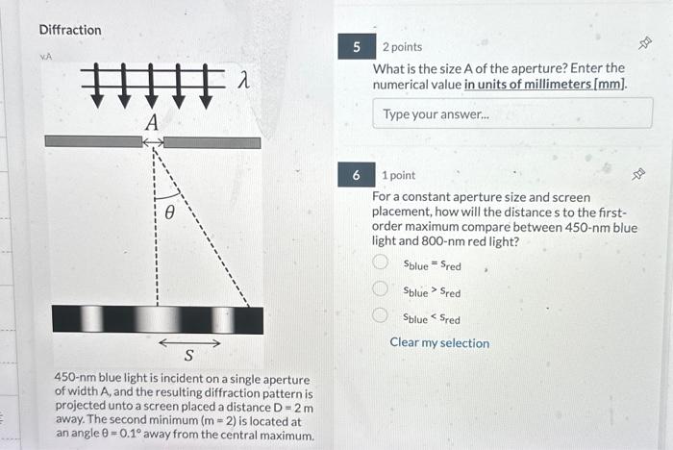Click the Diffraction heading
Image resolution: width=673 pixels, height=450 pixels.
coord(69,30)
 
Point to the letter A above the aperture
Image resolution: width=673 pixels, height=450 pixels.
coord(151,122)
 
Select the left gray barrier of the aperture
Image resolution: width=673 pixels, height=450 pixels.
coord(93,141)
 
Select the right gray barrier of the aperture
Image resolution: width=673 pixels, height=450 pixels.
coord(212,141)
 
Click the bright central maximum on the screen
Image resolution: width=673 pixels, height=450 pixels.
coord(157,319)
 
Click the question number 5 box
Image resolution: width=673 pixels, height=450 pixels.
coord(357,46)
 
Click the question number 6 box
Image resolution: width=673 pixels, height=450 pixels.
coord(357,175)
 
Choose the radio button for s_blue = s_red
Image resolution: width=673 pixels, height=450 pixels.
coord(381,263)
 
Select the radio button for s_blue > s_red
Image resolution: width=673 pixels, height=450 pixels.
coord(381,290)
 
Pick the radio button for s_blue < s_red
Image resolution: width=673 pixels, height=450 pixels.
coord(381,317)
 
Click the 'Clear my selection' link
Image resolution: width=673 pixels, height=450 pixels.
coord(439,343)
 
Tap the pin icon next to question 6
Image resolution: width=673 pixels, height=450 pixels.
coord(636,174)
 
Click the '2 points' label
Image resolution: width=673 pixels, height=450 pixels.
coord(402,47)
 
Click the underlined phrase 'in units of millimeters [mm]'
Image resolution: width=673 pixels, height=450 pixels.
coord(545,85)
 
